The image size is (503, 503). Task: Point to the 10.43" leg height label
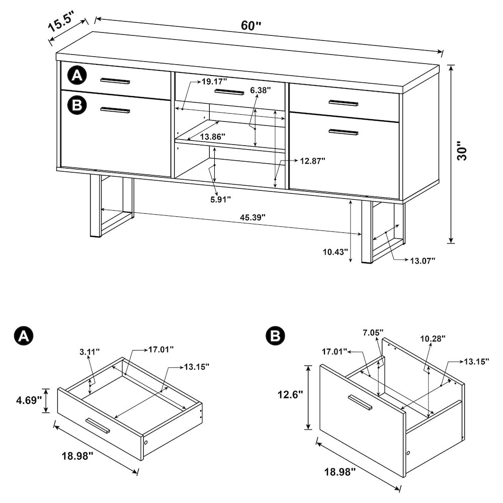[334, 251]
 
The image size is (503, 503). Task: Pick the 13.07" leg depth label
[422, 260]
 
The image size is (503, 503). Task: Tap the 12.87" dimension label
[313, 161]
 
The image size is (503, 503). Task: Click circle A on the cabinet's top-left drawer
[77, 76]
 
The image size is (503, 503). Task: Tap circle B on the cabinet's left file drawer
[77, 105]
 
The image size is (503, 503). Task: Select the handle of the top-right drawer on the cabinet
[343, 103]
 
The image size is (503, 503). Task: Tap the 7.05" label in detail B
[373, 332]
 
